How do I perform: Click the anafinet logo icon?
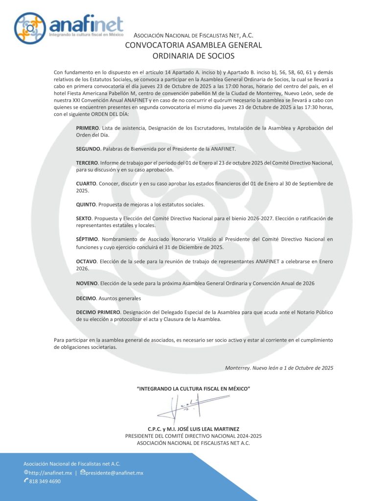[x=31, y=28]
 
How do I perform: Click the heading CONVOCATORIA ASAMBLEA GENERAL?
[x=193, y=45]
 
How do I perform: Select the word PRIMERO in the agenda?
[x=87, y=128]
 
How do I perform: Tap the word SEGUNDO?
[x=88, y=149]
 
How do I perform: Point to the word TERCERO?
[x=87, y=162]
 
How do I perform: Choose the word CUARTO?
[x=86, y=183]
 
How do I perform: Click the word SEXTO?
[x=84, y=218]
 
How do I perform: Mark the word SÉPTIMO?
[x=87, y=239]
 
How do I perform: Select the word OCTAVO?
[x=87, y=261]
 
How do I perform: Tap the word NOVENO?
[x=87, y=283]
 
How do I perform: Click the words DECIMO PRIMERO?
[x=98, y=312]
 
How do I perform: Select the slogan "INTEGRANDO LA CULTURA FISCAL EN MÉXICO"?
[x=193, y=388]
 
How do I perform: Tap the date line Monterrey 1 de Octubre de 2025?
[x=279, y=368]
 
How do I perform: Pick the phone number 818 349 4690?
[x=45, y=481]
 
